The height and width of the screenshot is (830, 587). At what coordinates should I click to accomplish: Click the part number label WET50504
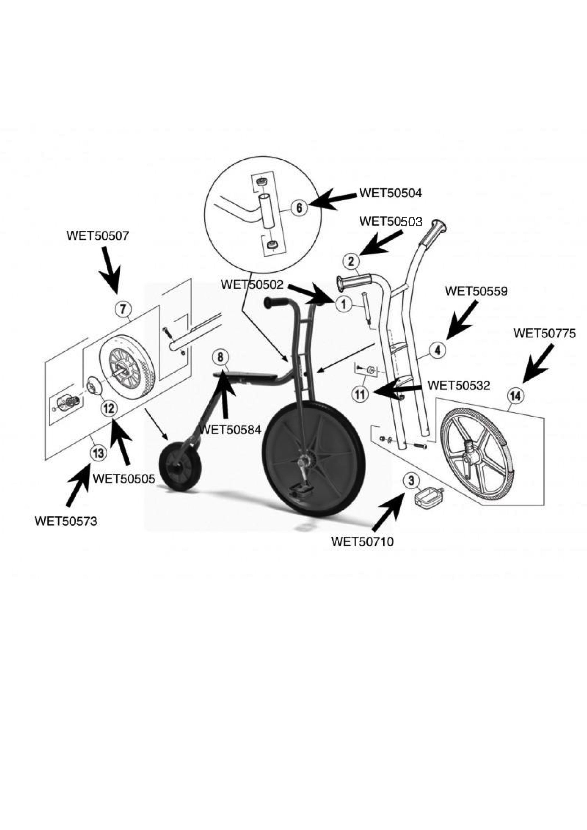(390, 193)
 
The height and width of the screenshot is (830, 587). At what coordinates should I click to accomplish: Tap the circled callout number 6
(299, 208)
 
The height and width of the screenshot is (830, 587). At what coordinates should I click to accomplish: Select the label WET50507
(98, 236)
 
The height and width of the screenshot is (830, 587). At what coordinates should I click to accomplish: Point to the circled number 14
(516, 396)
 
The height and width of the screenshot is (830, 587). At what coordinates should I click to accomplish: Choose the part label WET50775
(544, 333)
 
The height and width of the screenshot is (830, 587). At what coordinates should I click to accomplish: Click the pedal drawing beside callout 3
(428, 499)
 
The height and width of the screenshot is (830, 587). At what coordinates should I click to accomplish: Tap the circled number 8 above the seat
(221, 357)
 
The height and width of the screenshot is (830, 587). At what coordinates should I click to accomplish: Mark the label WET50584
(230, 430)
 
